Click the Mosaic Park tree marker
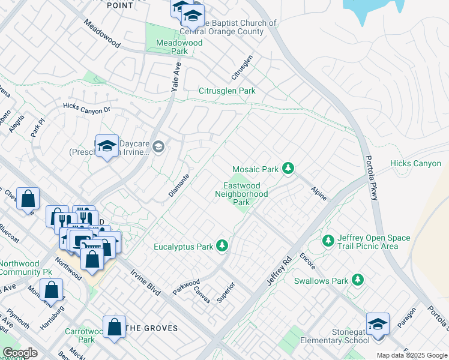point(288,169)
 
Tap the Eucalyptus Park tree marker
point(222,246)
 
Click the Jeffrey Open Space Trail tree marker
point(328,241)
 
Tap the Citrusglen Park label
point(227,91)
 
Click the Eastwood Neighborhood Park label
point(241,194)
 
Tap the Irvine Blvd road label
point(145,282)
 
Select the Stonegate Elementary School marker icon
point(378,325)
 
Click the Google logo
point(20,353)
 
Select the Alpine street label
point(318,192)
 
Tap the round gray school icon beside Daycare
point(158,146)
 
